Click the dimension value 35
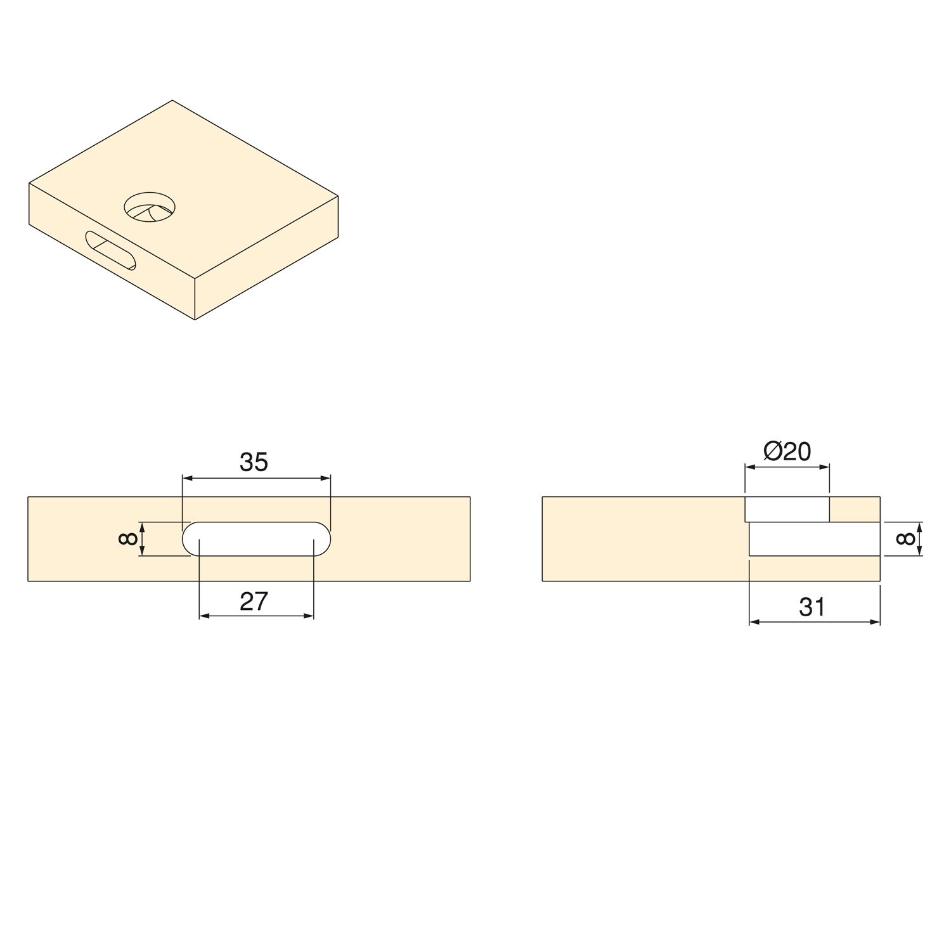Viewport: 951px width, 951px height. (254, 462)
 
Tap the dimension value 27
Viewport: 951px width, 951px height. (254, 601)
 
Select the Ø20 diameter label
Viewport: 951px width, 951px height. (787, 451)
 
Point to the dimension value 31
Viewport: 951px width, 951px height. (812, 607)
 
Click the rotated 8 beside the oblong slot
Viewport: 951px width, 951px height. (128, 539)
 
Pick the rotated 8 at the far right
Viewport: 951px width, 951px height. (906, 539)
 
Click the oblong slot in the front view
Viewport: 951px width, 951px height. (256, 539)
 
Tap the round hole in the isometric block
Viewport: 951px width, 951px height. (150, 207)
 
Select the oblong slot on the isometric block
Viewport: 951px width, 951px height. (111, 250)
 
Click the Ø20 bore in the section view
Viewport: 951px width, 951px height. (787, 509)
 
